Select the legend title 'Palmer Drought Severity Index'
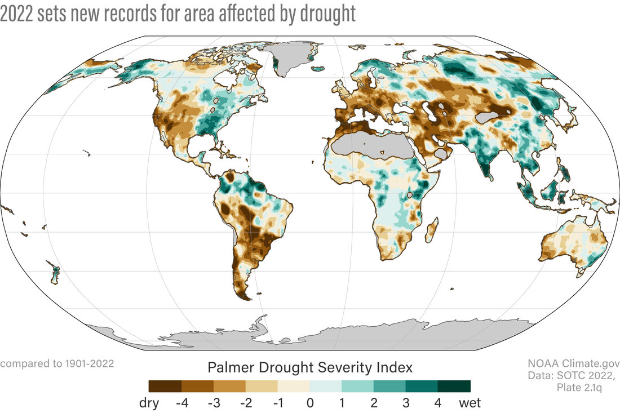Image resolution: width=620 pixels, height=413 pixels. [x=310, y=368]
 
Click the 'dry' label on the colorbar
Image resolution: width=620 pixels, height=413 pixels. [x=149, y=403]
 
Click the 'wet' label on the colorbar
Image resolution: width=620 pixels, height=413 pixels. [x=470, y=403]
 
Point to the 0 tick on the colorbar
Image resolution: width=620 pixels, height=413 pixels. [x=309, y=403]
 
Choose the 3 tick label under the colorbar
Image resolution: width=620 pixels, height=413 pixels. [x=406, y=403]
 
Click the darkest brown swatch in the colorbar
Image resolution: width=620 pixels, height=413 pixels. [x=165, y=386]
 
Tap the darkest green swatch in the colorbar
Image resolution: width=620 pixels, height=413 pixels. [x=454, y=386]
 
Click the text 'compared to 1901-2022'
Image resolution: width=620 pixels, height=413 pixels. [x=57, y=363]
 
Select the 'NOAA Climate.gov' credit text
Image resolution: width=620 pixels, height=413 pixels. [x=573, y=363]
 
